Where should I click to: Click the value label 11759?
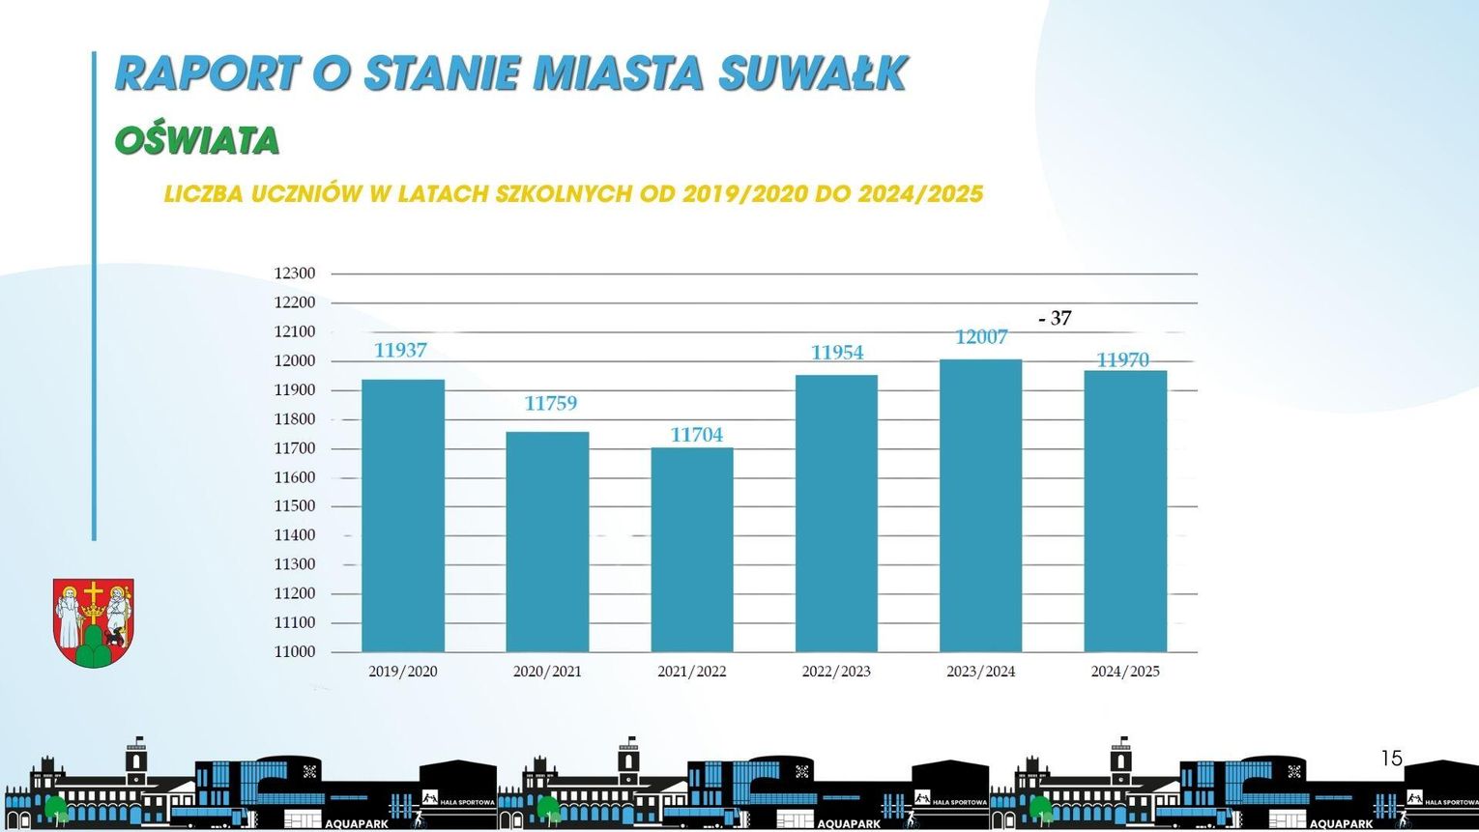pyautogui.click(x=550, y=403)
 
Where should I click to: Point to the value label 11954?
pyautogui.click(x=837, y=353)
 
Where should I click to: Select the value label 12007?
pyautogui.click(x=981, y=337)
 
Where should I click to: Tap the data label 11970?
pyautogui.click(x=1122, y=360)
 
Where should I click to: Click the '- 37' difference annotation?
pyautogui.click(x=1055, y=318)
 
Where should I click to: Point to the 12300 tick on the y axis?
pyautogui.click(x=295, y=273)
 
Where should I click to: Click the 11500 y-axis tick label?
pyautogui.click(x=295, y=506)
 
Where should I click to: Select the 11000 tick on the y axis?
pyautogui.click(x=295, y=652)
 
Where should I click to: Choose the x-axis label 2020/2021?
pyautogui.click(x=547, y=672)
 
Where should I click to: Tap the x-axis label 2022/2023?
pyautogui.click(x=836, y=672)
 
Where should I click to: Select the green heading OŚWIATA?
pyautogui.click(x=197, y=141)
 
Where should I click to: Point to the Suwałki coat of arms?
pyautogui.click(x=93, y=622)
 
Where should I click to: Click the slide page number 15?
pyautogui.click(x=1391, y=759)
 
